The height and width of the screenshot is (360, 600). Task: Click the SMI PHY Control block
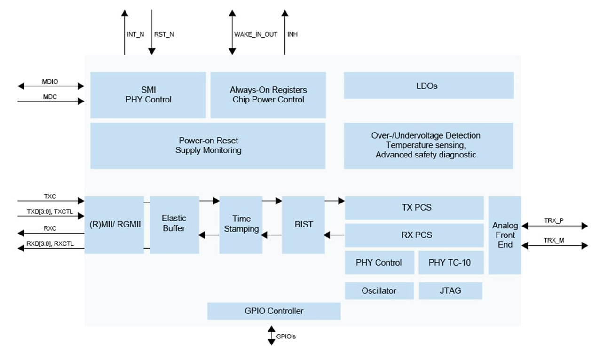(148, 94)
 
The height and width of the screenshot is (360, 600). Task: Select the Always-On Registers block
(268, 94)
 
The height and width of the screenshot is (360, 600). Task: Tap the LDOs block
(428, 86)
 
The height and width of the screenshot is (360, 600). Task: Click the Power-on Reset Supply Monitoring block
(208, 146)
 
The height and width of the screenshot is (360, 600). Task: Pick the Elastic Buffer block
(174, 225)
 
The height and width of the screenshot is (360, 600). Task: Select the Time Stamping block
(241, 225)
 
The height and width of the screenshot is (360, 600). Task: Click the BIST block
(304, 225)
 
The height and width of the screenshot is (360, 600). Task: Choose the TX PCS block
(414, 208)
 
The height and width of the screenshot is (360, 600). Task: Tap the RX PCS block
(414, 235)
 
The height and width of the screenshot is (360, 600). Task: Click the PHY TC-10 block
(450, 263)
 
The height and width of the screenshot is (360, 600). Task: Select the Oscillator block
(379, 291)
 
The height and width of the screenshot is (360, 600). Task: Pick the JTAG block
(450, 291)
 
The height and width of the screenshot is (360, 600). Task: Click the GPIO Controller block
(274, 311)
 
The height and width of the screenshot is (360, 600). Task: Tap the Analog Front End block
(505, 235)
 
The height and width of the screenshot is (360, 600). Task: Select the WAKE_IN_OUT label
(256, 35)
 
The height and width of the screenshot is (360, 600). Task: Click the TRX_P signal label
(553, 220)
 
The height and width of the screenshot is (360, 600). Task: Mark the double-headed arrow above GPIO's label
(271, 336)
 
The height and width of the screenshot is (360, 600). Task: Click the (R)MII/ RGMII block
(114, 225)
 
